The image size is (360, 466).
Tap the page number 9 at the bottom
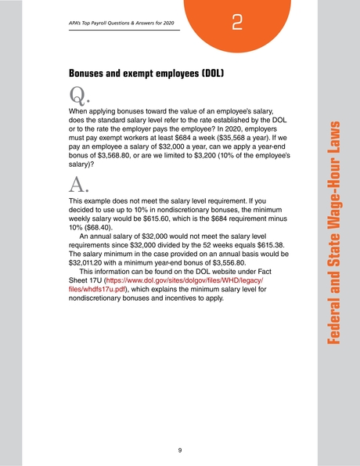pyautogui.click(x=180, y=450)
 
